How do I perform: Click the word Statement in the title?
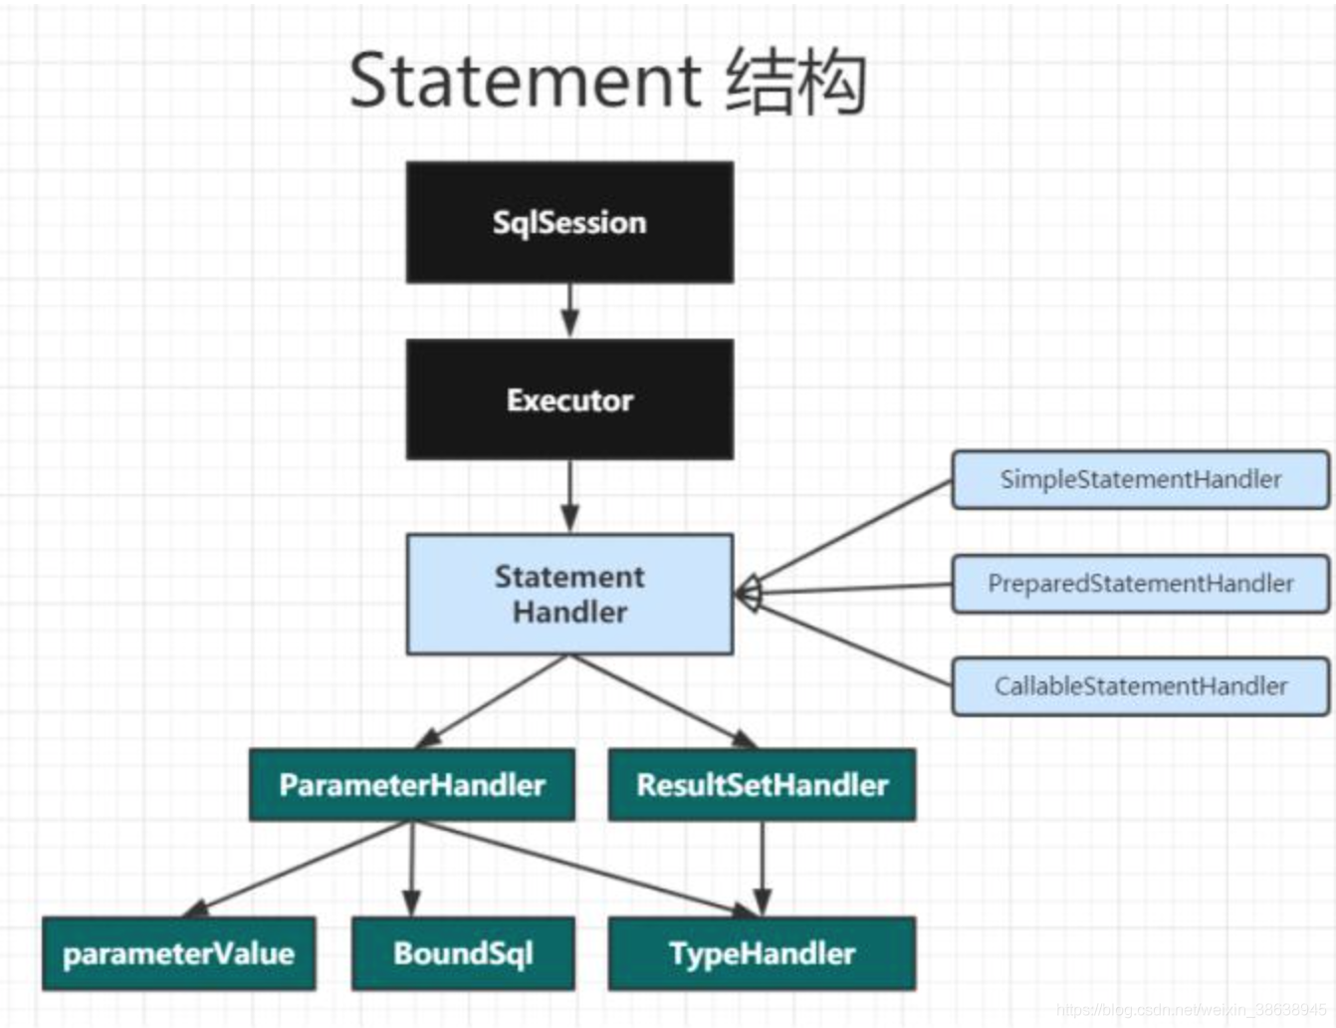click(x=526, y=82)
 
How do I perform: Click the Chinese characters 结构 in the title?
click(x=796, y=82)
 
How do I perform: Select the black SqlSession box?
click(x=569, y=222)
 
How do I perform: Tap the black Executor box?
click(x=569, y=399)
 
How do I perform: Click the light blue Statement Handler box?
click(x=569, y=594)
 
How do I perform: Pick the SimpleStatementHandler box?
click(x=1141, y=479)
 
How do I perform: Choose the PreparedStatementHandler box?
click(x=1141, y=583)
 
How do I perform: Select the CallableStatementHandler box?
click(x=1141, y=686)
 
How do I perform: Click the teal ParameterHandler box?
click(x=412, y=784)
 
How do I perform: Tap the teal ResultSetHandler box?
click(x=763, y=784)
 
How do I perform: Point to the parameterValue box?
click(x=179, y=953)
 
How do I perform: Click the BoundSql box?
click(x=464, y=953)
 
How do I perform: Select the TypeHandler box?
click(x=763, y=953)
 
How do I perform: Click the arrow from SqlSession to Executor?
click(x=569, y=310)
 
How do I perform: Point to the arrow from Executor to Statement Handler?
click(x=569, y=496)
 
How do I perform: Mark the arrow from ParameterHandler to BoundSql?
click(x=412, y=869)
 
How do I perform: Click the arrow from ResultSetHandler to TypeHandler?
click(x=763, y=869)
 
